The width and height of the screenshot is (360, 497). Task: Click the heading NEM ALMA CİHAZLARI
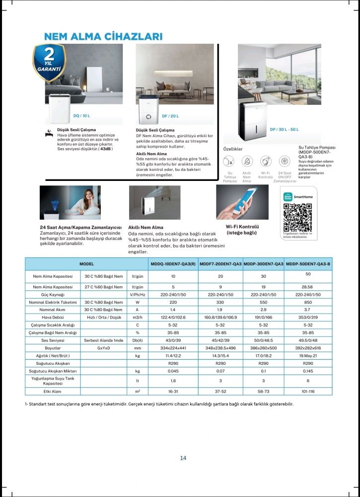tap(103, 37)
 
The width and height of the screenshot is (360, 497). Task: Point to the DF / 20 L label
tap(170, 116)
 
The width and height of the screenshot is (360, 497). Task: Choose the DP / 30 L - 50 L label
tap(284, 129)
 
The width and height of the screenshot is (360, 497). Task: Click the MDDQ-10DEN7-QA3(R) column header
tap(173, 264)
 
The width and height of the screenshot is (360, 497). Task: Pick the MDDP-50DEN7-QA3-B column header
tap(308, 264)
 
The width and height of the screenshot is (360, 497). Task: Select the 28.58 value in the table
tap(308, 287)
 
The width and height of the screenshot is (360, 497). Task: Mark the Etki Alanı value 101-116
tap(308, 392)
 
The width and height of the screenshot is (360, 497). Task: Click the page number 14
tap(183, 458)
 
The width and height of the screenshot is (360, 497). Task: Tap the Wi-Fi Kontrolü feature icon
tap(266, 161)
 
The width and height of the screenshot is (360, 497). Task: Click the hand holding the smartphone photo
tap(242, 202)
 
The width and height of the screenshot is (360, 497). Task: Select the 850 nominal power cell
tap(308, 302)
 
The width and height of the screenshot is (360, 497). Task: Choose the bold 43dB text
tap(105, 148)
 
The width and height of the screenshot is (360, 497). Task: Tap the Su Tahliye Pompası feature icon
tap(229, 161)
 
